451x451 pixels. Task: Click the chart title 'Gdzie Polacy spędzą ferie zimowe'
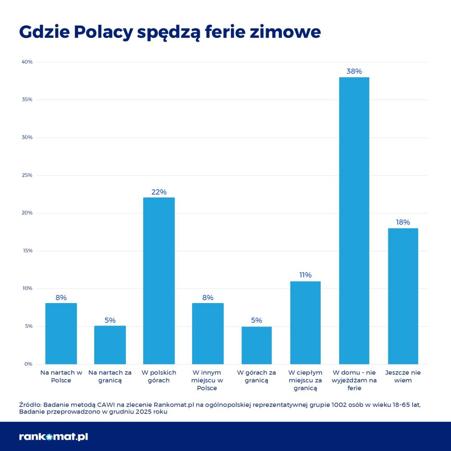click(170, 32)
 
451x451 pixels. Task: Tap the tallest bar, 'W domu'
click(354, 221)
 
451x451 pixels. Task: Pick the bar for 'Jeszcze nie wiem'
click(403, 296)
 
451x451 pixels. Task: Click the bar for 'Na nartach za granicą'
click(110, 345)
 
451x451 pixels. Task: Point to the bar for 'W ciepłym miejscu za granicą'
click(305, 322)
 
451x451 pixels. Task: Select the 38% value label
click(354, 71)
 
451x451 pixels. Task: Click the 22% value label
click(159, 192)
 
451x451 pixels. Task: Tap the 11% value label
click(305, 275)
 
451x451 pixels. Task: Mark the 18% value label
click(403, 222)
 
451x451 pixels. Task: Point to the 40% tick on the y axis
click(27, 62)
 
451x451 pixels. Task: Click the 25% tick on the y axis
click(27, 175)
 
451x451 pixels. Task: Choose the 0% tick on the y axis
click(28, 364)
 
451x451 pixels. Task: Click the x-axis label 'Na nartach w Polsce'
click(61, 377)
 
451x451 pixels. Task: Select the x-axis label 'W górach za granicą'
click(257, 377)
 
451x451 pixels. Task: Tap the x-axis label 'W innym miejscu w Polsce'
click(207, 380)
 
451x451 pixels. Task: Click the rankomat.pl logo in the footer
click(54, 437)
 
